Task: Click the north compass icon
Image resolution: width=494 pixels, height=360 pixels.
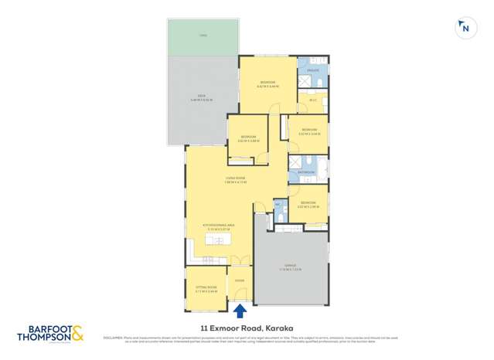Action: (464, 29)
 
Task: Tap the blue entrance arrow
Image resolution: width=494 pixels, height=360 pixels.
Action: (240, 311)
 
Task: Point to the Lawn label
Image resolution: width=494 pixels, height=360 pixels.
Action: (203, 36)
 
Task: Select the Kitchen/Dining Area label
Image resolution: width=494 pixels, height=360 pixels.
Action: (217, 226)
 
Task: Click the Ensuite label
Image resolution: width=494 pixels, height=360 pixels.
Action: (313, 70)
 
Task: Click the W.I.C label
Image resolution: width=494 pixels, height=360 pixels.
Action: (313, 99)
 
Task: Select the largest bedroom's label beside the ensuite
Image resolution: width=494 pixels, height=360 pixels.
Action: (268, 83)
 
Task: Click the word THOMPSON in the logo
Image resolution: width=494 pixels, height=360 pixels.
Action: (45, 338)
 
